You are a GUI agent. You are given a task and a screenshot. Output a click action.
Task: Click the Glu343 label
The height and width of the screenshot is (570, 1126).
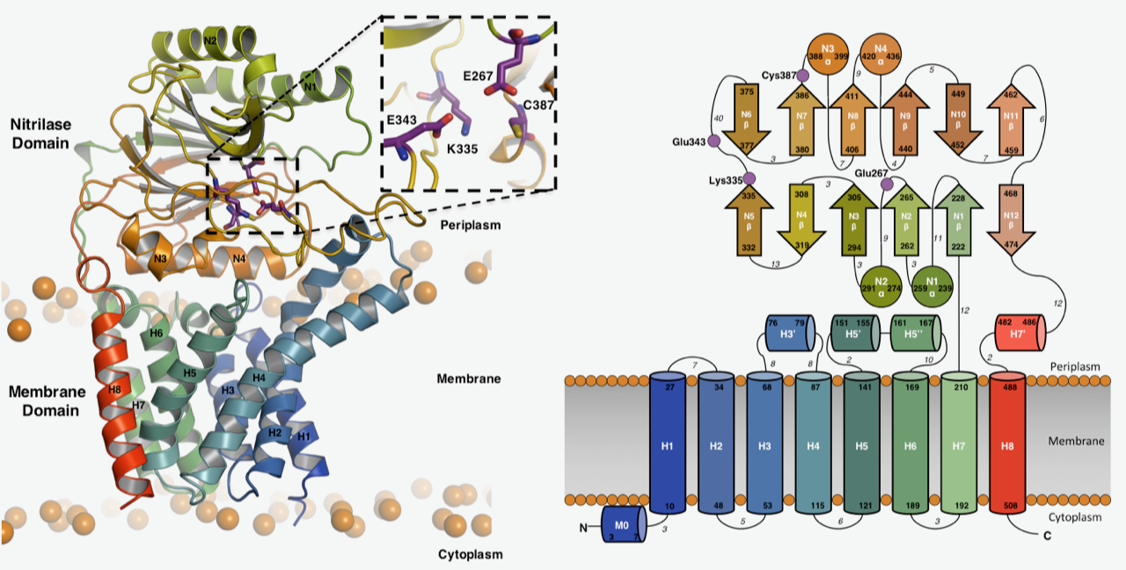(686, 142)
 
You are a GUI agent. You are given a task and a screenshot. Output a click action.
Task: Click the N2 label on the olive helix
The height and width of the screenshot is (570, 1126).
(210, 40)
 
